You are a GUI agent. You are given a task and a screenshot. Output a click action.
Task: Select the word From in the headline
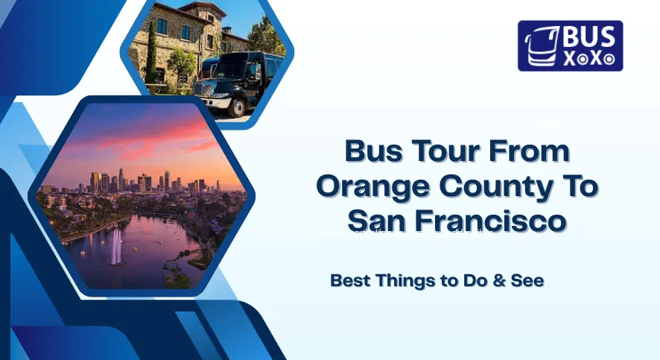point(531,151)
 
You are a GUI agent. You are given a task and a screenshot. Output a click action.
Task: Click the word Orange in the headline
point(377,186)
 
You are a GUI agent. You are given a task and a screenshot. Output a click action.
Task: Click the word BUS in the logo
point(585,37)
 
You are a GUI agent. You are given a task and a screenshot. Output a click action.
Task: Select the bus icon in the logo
point(538,46)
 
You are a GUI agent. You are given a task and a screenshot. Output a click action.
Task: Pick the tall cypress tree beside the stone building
point(152,56)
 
